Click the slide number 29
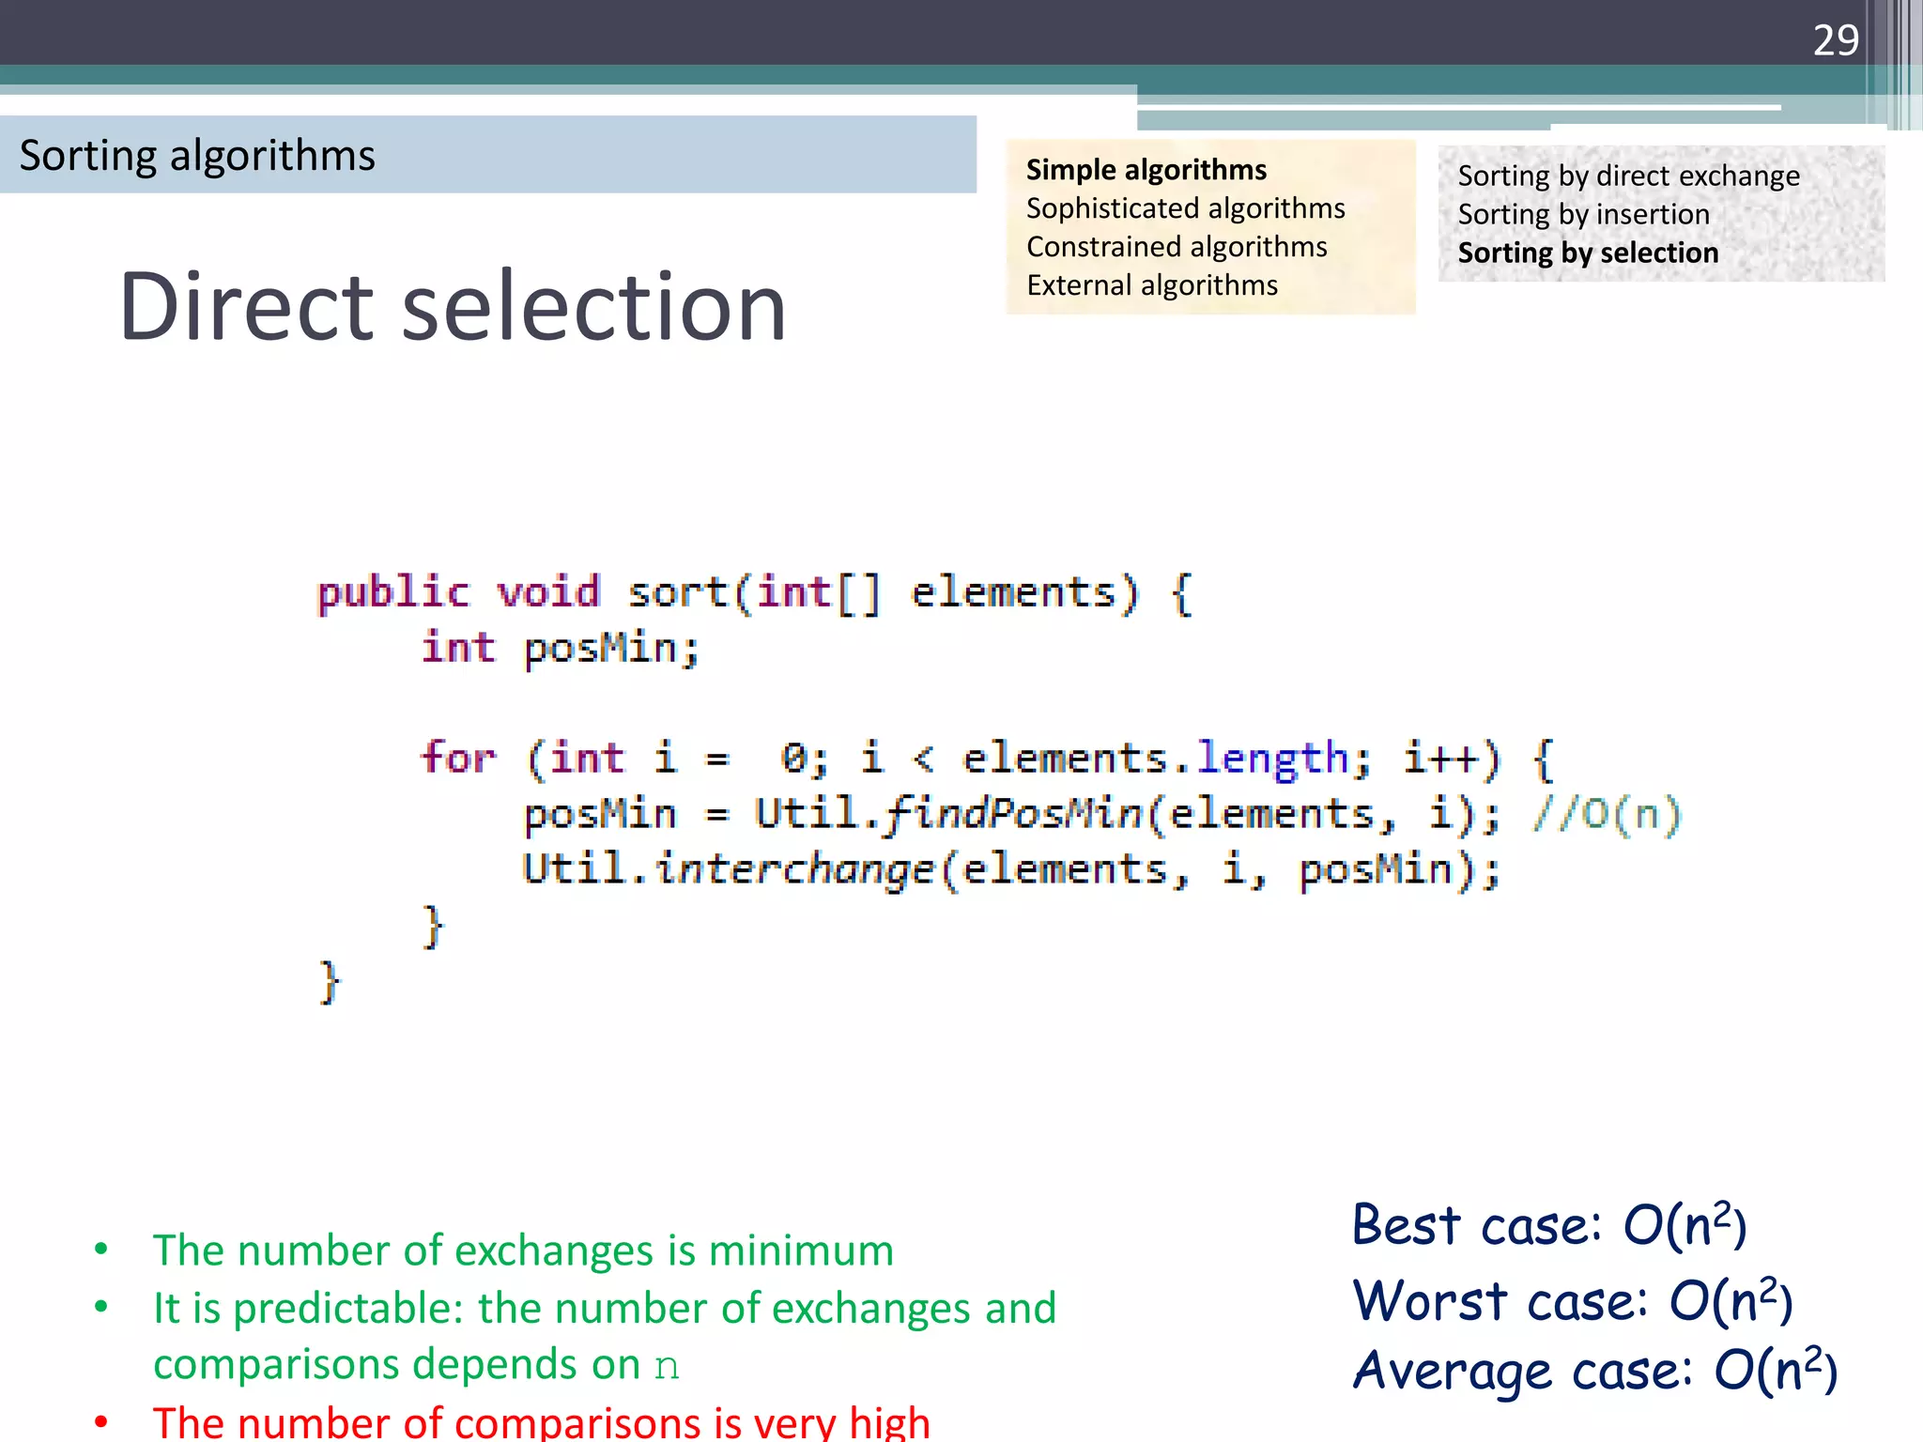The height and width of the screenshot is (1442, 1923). (1835, 40)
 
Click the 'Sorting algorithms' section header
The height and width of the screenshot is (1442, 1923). (197, 156)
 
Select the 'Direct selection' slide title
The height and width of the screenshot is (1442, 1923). (453, 307)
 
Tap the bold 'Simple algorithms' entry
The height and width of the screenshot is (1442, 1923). (1146, 170)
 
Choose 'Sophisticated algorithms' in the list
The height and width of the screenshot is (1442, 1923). (1185, 208)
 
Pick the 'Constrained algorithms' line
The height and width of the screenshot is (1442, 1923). (1177, 247)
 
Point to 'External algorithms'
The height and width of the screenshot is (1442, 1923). (1152, 285)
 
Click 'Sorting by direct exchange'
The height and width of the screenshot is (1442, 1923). (1628, 176)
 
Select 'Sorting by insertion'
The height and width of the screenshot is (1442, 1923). (1583, 215)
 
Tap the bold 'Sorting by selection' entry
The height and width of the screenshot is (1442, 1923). (1588, 253)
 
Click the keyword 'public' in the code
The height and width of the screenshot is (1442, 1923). (392, 593)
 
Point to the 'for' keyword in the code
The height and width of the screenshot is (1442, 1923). (457, 758)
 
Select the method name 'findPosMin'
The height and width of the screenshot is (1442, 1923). (1012, 814)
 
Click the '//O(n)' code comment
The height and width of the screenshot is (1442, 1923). (1606, 814)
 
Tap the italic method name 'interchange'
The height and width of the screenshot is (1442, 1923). (795, 869)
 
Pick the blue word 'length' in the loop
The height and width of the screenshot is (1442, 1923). (1272, 759)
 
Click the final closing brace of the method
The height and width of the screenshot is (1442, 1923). (329, 982)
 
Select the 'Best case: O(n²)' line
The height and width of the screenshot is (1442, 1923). (1548, 1225)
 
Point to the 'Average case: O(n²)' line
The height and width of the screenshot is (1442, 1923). (1593, 1371)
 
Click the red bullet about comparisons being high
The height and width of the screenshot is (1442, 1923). (541, 1422)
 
